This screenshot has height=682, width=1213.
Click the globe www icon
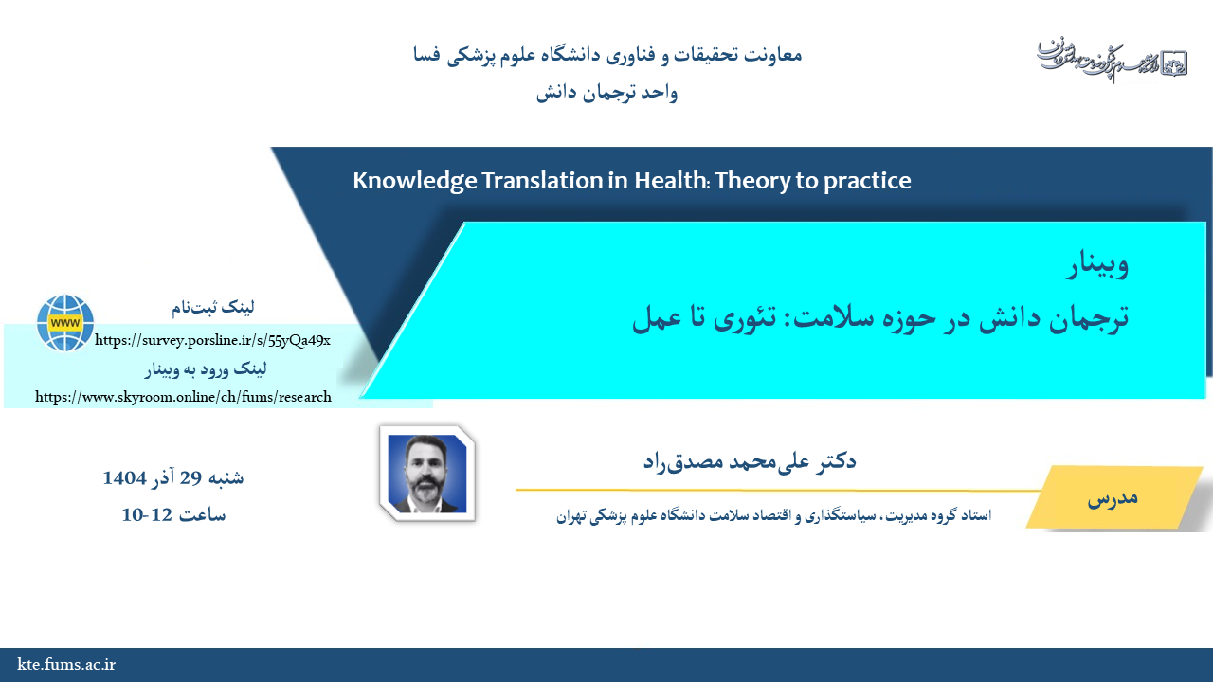click(65, 323)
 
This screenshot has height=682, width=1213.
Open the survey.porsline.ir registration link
click(212, 340)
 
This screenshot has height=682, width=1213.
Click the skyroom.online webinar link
click(183, 397)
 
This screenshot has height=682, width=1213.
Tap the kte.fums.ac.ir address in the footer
click(66, 664)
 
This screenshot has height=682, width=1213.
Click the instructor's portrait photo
click(427, 474)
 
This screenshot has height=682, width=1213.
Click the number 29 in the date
click(190, 478)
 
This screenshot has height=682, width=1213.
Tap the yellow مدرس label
click(1113, 497)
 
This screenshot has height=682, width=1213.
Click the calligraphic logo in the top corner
click(1113, 61)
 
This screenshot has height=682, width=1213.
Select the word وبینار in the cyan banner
click(1097, 264)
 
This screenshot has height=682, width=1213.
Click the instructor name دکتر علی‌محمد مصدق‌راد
click(750, 461)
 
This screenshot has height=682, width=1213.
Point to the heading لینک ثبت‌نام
click(213, 308)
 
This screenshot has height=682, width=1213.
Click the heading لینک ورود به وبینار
click(206, 369)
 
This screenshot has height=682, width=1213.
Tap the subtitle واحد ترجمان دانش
click(606, 93)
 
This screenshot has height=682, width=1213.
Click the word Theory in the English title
click(752, 181)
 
